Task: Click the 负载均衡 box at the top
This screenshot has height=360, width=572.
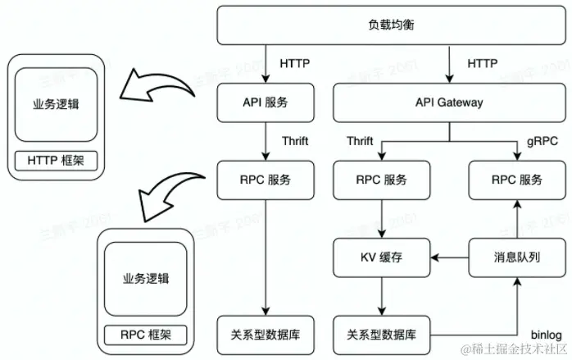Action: point(391,25)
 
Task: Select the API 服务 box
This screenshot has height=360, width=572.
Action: point(266,103)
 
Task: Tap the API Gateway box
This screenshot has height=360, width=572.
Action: point(449,103)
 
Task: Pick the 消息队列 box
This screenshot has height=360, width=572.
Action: point(517,258)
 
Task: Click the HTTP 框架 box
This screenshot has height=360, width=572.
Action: point(56,160)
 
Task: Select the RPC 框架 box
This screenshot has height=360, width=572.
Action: point(144,334)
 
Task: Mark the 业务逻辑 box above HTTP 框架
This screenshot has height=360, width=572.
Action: point(56,105)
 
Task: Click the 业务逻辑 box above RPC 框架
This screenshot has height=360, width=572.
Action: point(145,279)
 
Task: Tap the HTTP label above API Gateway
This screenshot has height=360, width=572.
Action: point(481,63)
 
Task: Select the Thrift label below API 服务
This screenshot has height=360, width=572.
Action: point(295,141)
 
